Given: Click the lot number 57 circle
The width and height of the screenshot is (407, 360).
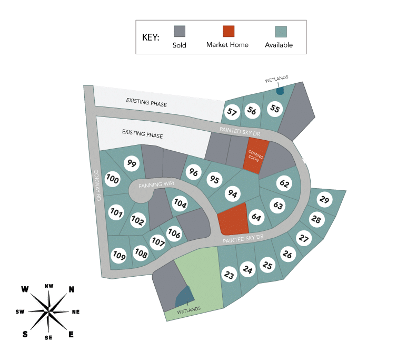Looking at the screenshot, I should point(232,112).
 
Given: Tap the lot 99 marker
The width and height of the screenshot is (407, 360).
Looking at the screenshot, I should point(132,163).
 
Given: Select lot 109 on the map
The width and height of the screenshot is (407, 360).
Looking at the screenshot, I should point(119,256).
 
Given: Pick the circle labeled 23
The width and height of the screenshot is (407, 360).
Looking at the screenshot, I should point(229,275).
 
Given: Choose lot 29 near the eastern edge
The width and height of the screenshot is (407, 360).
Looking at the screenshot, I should point(325,200).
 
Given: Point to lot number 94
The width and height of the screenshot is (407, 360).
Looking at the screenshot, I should point(232,193).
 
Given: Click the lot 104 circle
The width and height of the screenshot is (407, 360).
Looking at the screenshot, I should point(180,203).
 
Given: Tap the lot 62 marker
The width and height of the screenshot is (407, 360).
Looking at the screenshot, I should point(284,184).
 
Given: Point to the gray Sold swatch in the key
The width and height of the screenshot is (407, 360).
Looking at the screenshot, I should point(180,32).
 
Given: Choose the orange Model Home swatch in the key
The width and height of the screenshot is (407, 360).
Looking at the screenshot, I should point(228,32).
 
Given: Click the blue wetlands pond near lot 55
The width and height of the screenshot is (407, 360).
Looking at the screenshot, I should point(280,90).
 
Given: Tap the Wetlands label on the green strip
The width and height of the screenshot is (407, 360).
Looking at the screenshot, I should point(188,309).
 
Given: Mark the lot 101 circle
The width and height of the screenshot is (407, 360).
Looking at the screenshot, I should point(116,213).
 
